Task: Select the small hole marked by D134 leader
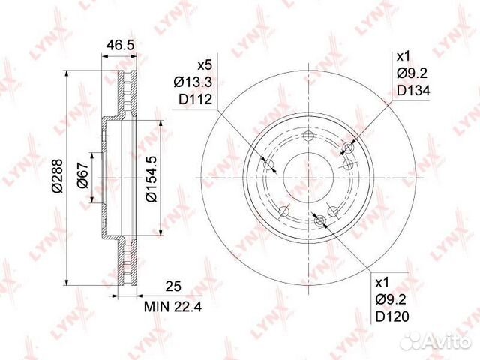click(346, 147)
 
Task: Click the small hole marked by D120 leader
click(320, 220)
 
